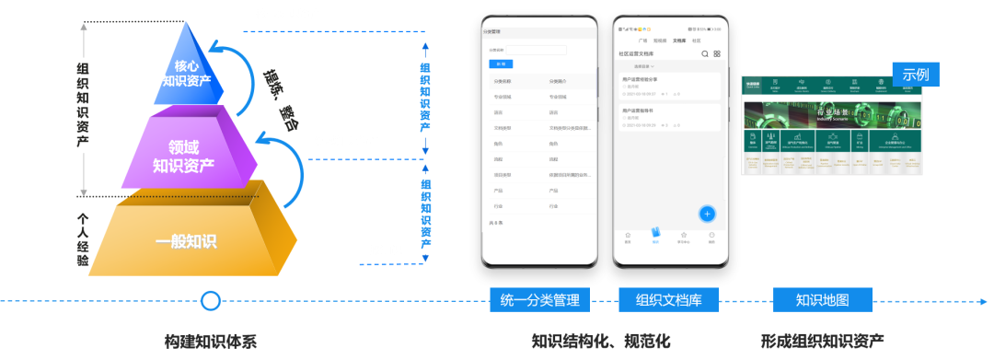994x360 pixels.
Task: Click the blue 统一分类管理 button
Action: [538, 300]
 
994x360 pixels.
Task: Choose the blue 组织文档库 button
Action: [669, 300]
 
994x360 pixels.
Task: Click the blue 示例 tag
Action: [915, 75]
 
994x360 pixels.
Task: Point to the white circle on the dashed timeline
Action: [211, 301]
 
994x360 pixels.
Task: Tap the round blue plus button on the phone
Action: [707, 214]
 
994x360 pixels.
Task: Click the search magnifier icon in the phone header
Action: [705, 54]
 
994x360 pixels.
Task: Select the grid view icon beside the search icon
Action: [717, 54]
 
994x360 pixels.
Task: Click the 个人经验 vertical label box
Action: [83, 239]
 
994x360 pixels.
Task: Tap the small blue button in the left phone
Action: [502, 64]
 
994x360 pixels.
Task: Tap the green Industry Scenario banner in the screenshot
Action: [833, 116]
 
